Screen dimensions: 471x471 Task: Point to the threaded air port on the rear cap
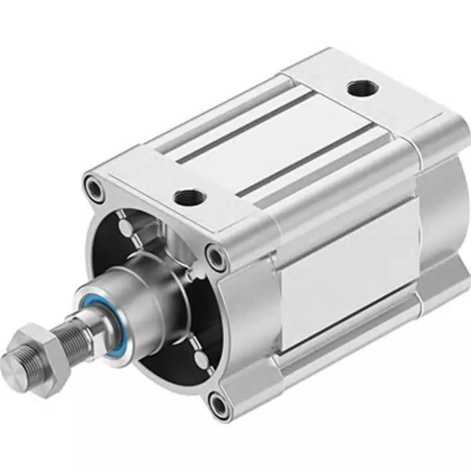pyautogui.click(x=357, y=88)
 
